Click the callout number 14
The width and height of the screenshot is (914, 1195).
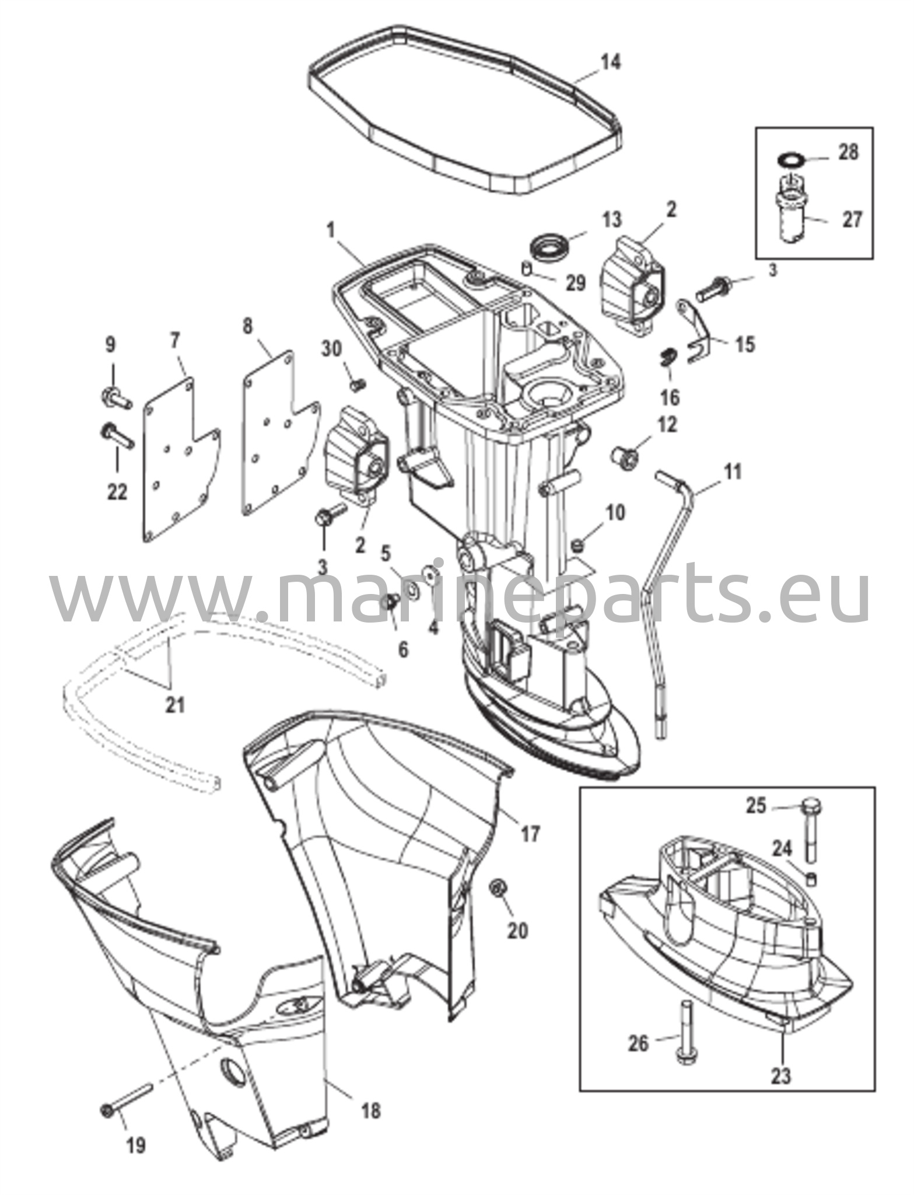click(611, 61)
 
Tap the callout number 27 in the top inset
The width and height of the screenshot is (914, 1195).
click(853, 221)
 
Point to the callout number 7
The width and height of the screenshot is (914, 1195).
click(176, 341)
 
